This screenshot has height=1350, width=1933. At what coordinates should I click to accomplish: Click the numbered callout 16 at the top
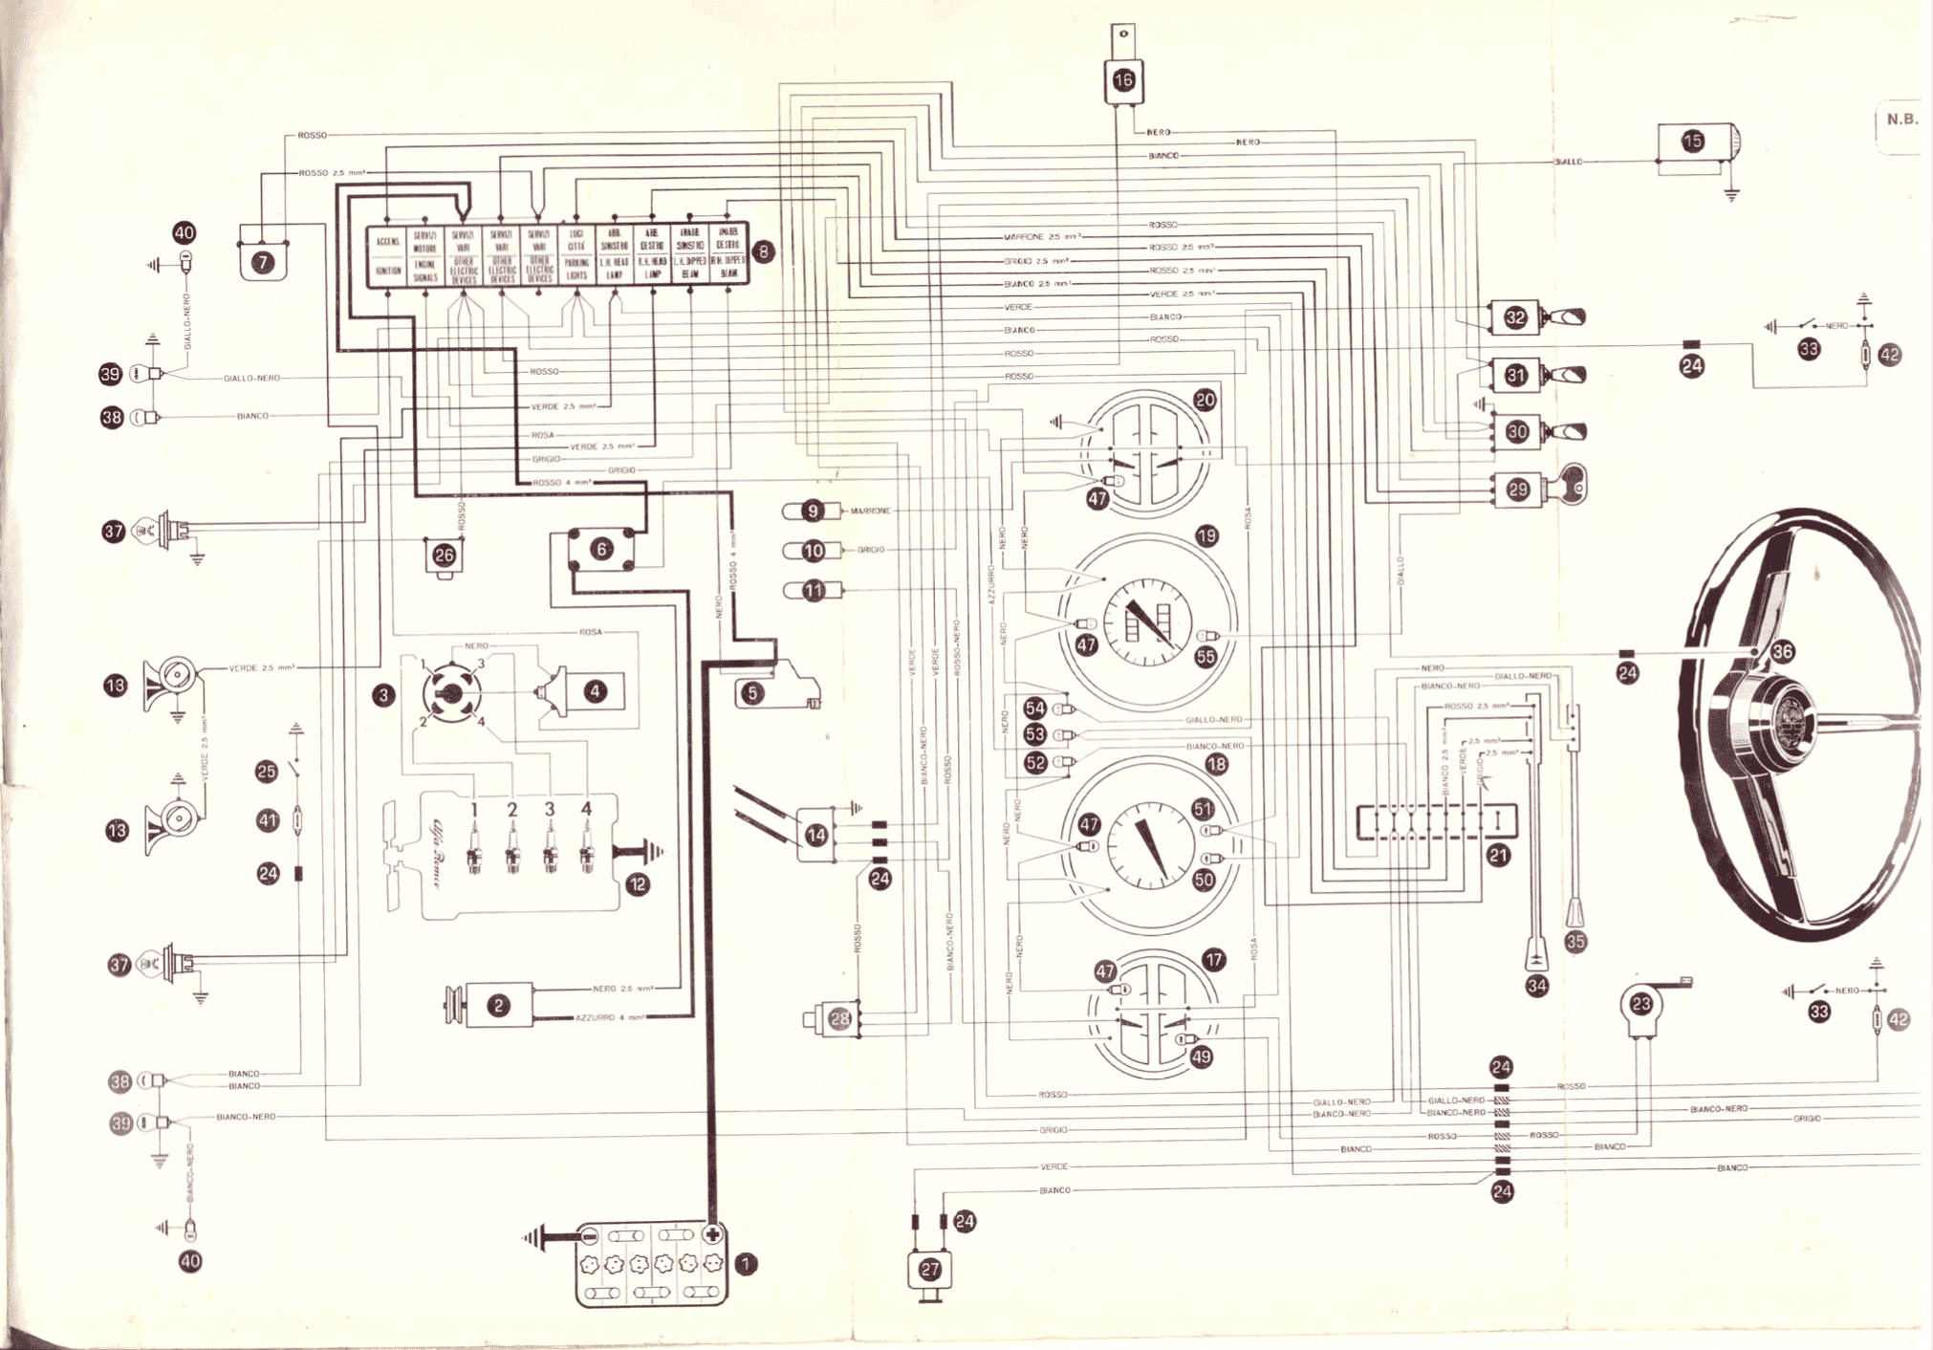pyautogui.click(x=1123, y=80)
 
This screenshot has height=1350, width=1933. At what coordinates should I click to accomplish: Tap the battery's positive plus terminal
pyautogui.click(x=712, y=1234)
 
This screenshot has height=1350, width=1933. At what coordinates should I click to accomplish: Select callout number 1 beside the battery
pyautogui.click(x=746, y=1264)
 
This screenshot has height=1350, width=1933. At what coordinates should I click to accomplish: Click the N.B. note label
pyautogui.click(x=1901, y=120)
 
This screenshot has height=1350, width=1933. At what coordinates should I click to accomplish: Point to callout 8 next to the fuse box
pyautogui.click(x=763, y=251)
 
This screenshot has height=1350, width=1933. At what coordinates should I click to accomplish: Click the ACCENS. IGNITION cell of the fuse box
pyautogui.click(x=387, y=255)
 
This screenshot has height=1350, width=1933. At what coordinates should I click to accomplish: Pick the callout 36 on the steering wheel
pyautogui.click(x=1782, y=652)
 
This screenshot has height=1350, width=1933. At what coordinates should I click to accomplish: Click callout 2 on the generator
pyautogui.click(x=497, y=1005)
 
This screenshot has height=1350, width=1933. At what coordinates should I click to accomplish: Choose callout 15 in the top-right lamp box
pyautogui.click(x=1692, y=142)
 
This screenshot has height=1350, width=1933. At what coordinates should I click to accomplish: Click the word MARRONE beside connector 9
pyautogui.click(x=870, y=511)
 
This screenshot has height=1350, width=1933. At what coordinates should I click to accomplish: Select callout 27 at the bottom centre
pyautogui.click(x=930, y=1269)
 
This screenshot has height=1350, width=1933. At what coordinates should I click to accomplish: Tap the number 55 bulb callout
pyautogui.click(x=1205, y=657)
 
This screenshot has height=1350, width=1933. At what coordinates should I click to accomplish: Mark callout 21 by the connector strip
pyautogui.click(x=1498, y=855)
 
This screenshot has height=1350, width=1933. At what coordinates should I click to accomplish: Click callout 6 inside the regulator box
pyautogui.click(x=601, y=549)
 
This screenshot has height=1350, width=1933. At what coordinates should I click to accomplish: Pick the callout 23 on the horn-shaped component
pyautogui.click(x=1641, y=1004)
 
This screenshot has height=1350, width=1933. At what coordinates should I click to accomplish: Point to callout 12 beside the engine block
pyautogui.click(x=638, y=884)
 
